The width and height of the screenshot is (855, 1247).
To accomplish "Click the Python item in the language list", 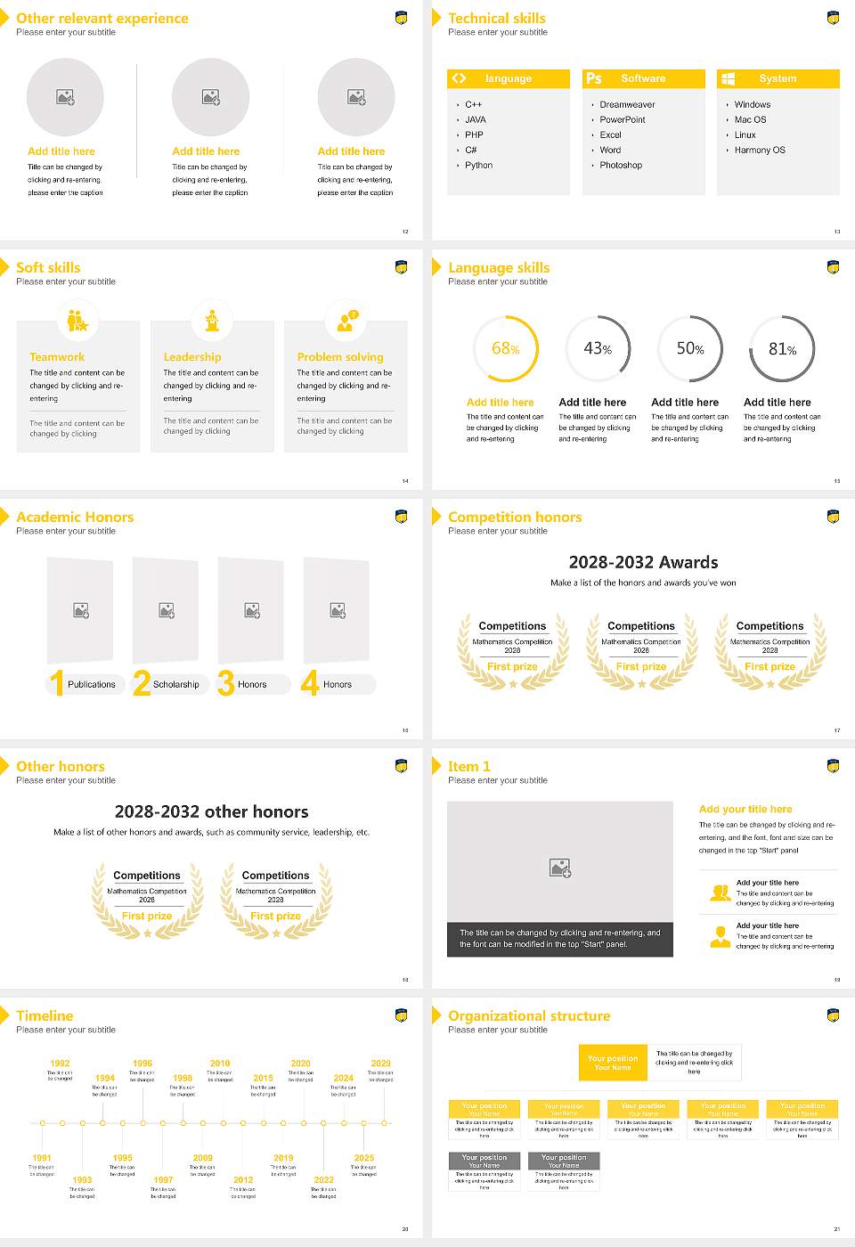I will click(x=478, y=166).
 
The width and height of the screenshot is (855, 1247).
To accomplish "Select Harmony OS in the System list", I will click(x=759, y=151).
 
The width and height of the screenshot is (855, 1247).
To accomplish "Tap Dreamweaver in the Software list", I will click(x=627, y=105).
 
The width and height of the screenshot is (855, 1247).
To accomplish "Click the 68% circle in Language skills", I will click(x=505, y=349).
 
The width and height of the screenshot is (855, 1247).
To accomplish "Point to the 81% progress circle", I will click(x=782, y=349).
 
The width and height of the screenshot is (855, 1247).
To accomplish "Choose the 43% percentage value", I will click(x=598, y=349).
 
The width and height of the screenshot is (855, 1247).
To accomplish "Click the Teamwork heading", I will click(x=57, y=357).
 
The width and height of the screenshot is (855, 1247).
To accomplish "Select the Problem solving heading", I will click(x=340, y=357).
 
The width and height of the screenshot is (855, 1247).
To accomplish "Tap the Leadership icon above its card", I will click(x=212, y=321).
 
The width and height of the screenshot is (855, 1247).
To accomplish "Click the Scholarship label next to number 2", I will click(x=175, y=685).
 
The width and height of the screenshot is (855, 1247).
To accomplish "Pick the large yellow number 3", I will click(x=226, y=683).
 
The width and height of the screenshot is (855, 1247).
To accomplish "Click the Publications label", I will click(x=92, y=685).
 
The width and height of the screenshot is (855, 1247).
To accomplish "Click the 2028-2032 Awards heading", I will click(x=643, y=563).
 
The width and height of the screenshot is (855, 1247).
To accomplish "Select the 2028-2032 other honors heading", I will click(x=211, y=812).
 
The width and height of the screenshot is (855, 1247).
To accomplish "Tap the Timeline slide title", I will click(x=45, y=1016).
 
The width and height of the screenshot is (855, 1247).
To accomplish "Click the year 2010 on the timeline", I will click(x=220, y=1064).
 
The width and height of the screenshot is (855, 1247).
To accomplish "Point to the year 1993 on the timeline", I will click(x=82, y=1180).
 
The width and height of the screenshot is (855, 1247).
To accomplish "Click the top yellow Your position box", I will click(x=613, y=1063).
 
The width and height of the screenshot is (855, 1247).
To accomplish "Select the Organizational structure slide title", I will click(x=529, y=1016).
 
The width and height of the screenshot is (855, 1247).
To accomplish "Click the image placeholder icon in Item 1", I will click(x=560, y=868).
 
